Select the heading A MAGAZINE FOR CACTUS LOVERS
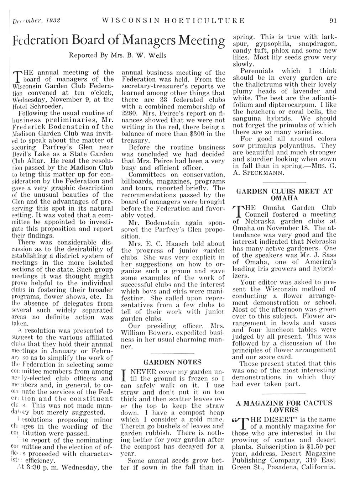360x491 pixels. click(284, 407)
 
